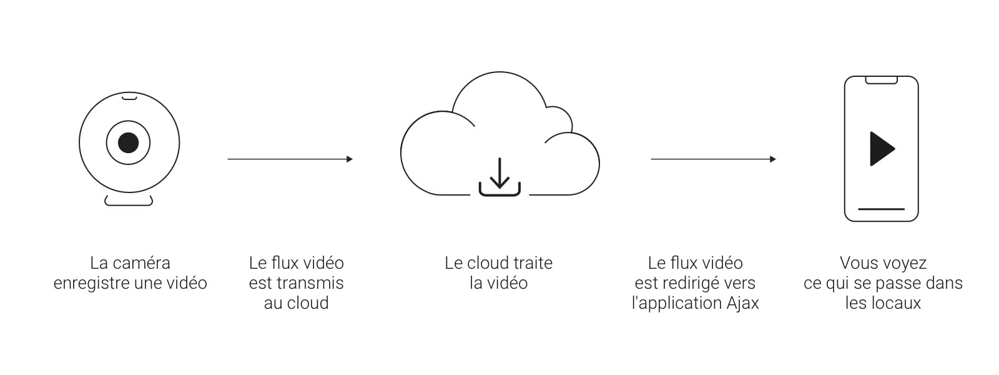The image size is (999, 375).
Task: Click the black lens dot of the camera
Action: point(129,142)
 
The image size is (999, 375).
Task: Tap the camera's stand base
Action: point(129,201)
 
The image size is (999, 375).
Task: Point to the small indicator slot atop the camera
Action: point(129,97)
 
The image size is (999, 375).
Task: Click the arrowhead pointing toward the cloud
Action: point(350,159)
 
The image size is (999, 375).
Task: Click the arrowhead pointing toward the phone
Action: point(773,159)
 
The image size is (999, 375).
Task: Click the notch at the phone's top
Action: point(881,80)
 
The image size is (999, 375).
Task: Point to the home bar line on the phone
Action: point(881,209)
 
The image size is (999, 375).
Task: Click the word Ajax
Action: point(743,303)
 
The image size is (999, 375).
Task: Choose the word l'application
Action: point(677,303)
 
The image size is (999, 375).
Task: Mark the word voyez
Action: point(905,263)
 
